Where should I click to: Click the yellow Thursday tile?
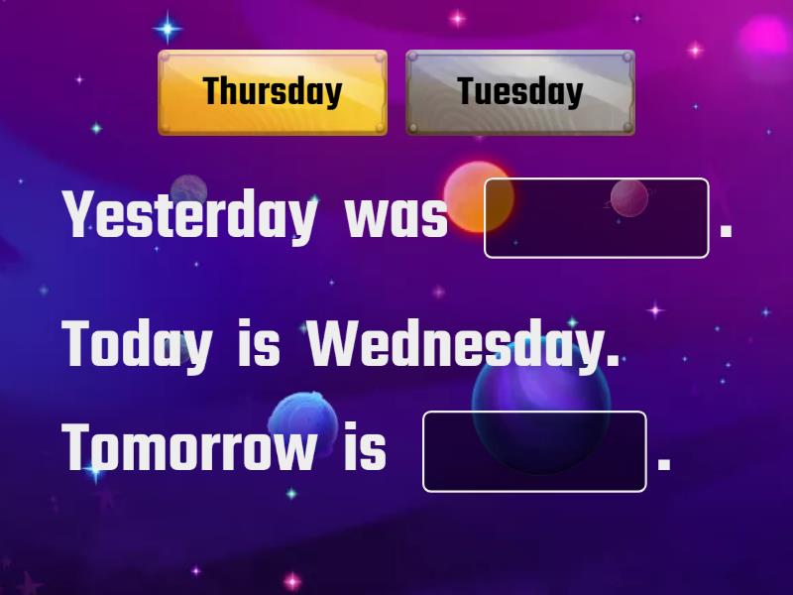tap(273, 92)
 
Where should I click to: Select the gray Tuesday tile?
tap(520, 92)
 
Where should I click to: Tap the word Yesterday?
tap(191, 215)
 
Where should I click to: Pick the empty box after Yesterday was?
tap(596, 218)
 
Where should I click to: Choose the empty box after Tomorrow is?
tap(534, 451)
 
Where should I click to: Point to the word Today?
tap(138, 345)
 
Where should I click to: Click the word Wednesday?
tap(456, 345)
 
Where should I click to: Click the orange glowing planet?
tap(477, 193)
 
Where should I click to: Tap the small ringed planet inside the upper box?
tap(628, 198)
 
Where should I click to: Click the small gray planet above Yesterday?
tap(187, 188)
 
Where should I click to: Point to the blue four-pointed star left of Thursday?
tap(168, 29)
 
